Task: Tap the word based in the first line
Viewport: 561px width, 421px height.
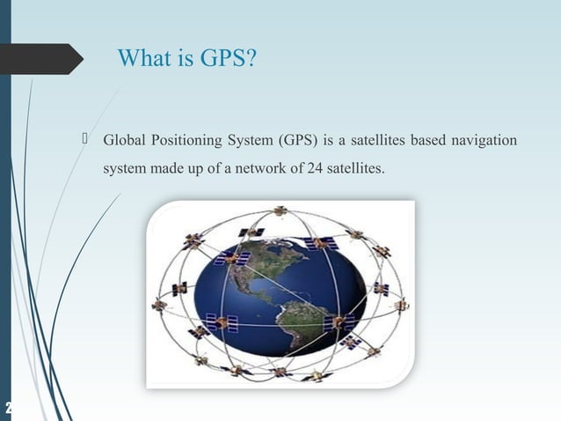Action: coord(426,141)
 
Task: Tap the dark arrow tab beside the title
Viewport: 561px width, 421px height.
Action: coord(44,58)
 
